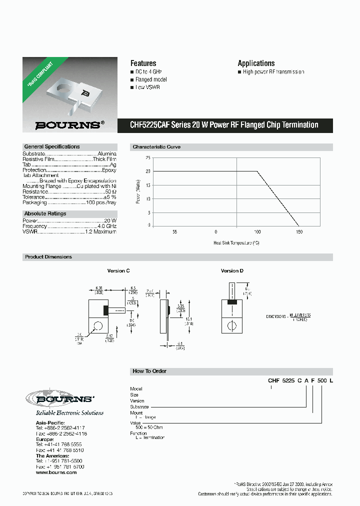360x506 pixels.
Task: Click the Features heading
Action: pos(143,63)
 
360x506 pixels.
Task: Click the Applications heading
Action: pos(256,63)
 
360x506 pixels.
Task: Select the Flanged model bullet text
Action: pos(151,79)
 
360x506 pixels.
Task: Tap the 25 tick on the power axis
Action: pos(147,157)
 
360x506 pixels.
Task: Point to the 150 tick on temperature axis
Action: pos(299,232)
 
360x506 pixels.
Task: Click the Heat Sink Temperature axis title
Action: pos(236,243)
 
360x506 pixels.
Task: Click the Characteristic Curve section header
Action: pos(156,147)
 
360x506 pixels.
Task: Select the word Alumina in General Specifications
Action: pos(107,153)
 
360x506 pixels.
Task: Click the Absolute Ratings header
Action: pos(45,213)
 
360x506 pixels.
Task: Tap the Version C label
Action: pos(118,270)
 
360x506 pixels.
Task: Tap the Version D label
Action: pos(232,270)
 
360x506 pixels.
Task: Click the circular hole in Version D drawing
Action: pos(232,325)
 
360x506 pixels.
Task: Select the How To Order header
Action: pos(149,371)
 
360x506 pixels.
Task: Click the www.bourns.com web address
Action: pos(56,472)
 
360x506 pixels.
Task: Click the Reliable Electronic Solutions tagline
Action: pos(69,413)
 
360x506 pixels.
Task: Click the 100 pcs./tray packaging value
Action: pos(101,202)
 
